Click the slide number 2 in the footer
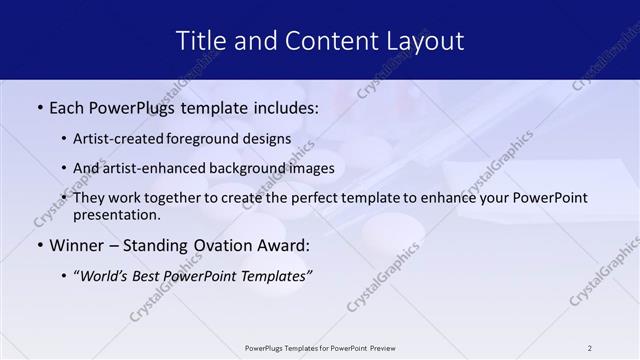589,348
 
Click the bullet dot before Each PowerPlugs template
39,106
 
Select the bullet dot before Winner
39,246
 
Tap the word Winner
76,246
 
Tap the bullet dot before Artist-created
64,140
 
